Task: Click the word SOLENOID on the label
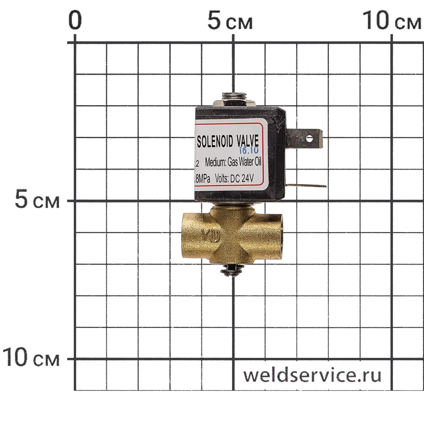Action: click(215, 141)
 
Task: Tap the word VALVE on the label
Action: click(247, 140)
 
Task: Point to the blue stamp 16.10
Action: click(249, 150)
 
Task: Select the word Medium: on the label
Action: click(216, 163)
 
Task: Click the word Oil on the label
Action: click(258, 162)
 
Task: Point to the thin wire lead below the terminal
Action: click(308, 186)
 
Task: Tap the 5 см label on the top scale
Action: click(230, 21)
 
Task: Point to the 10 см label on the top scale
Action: click(391, 21)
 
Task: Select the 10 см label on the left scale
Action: click(31, 358)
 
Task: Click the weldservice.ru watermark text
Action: click(312, 375)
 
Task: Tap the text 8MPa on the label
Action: click(202, 179)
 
